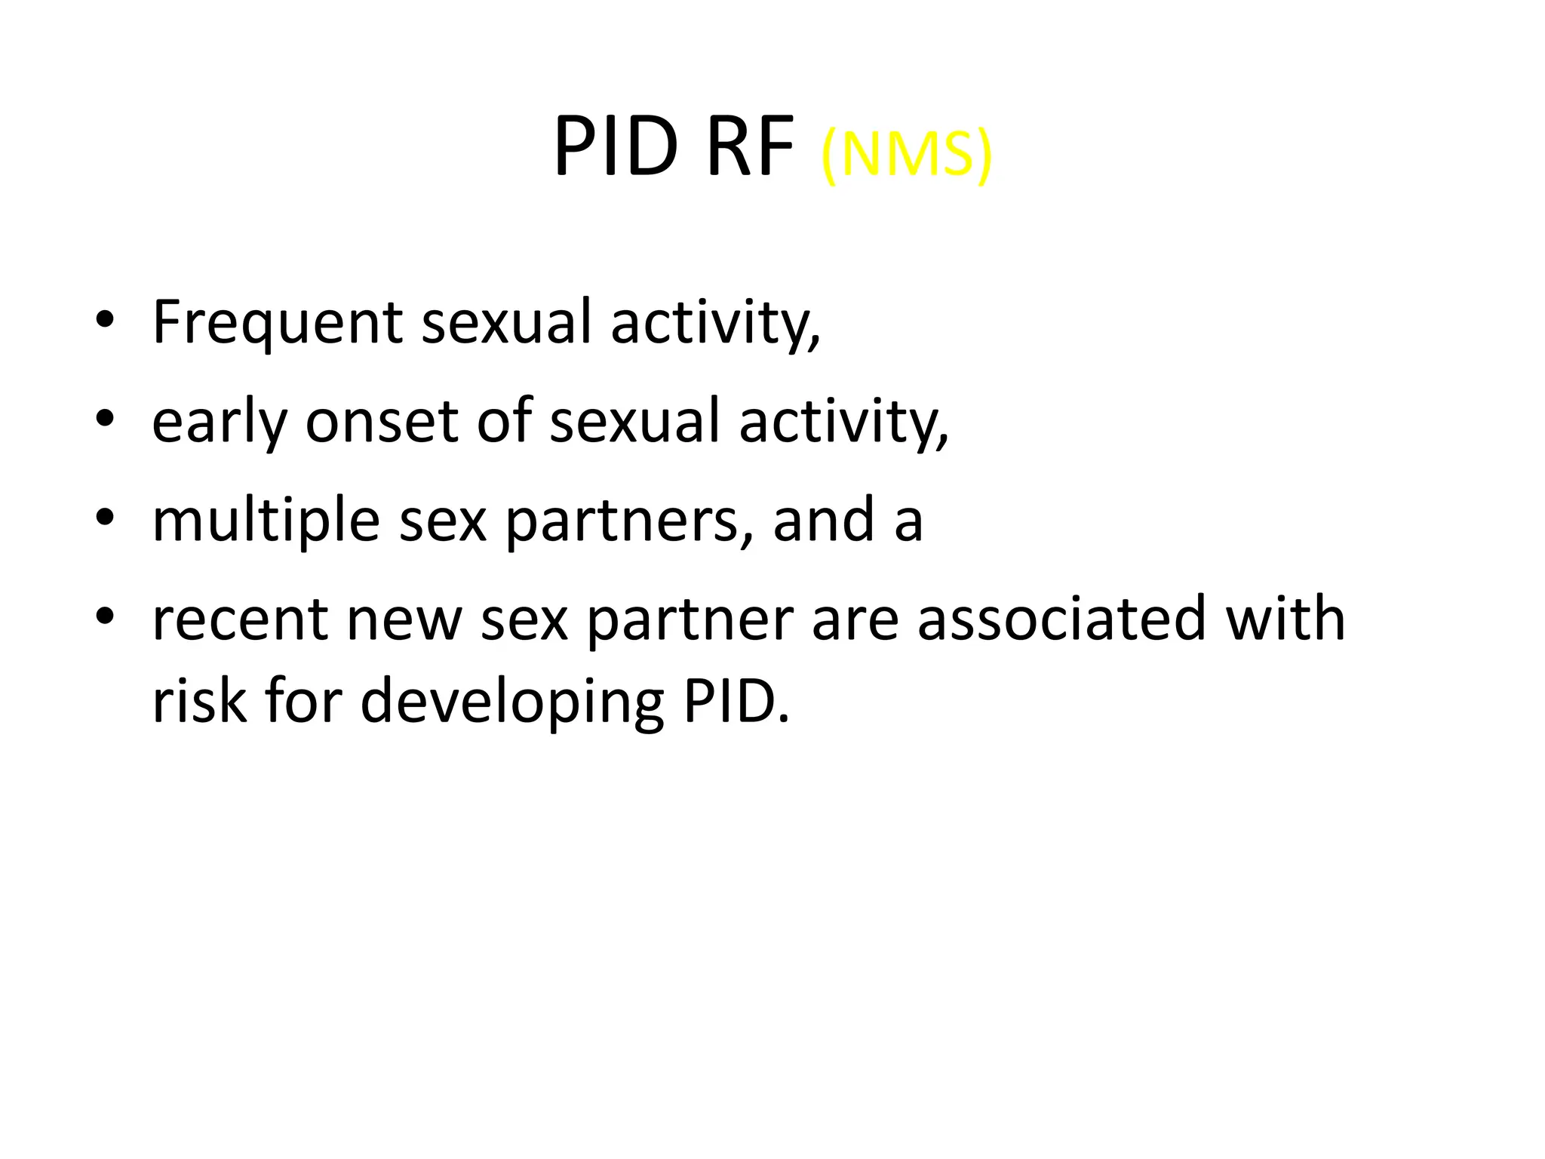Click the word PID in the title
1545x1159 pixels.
point(616,148)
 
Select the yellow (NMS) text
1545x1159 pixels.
point(906,155)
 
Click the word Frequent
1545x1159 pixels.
point(277,322)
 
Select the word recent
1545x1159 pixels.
point(241,619)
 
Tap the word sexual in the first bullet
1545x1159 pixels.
point(506,322)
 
